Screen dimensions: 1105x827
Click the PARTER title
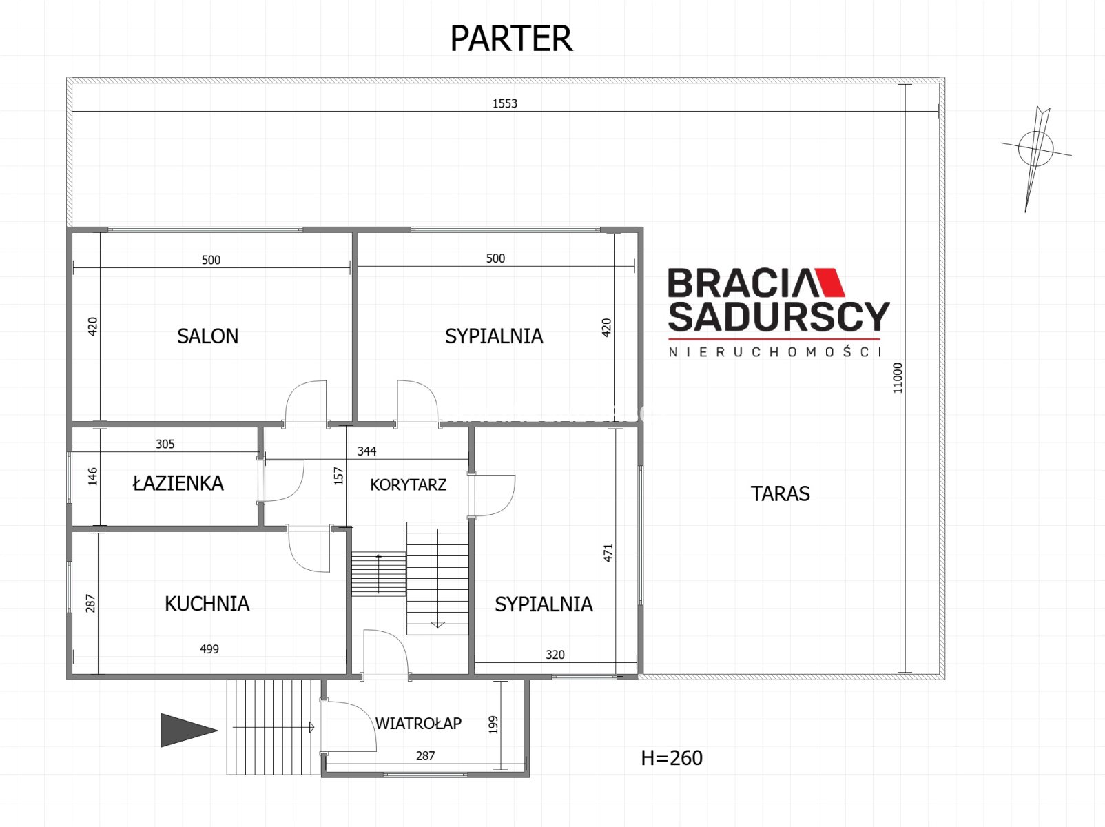511,39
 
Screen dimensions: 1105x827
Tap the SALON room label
207,336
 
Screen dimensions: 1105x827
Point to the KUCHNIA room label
207,604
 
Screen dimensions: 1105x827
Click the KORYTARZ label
409,484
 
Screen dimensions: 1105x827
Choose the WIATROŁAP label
418,723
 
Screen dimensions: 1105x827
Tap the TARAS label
781,493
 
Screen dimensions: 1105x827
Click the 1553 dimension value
504,103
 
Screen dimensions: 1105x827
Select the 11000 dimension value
898,378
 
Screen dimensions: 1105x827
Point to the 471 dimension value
608,553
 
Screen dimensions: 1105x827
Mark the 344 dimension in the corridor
366,451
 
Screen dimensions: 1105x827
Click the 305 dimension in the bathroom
165,444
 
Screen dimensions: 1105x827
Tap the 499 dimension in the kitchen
209,649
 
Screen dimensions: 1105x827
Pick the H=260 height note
672,758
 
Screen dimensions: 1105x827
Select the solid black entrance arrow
189,730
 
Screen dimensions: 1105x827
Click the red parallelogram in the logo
829,282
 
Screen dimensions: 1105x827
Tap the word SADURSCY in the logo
778,316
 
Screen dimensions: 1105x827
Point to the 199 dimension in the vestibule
493,724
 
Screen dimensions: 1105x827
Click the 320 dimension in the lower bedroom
555,654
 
